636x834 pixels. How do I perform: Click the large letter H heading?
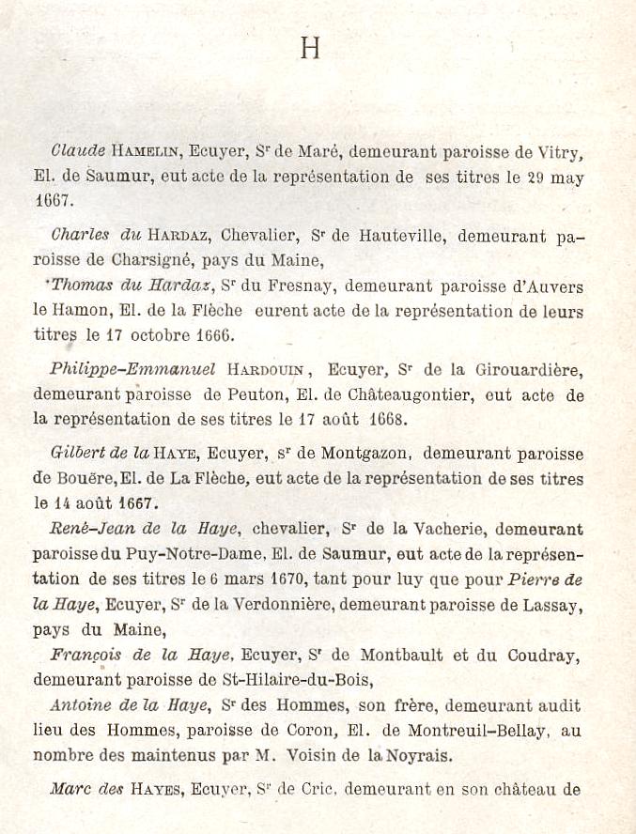click(310, 48)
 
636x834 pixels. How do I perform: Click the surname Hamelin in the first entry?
click(146, 150)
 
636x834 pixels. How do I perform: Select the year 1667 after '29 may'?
click(53, 200)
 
